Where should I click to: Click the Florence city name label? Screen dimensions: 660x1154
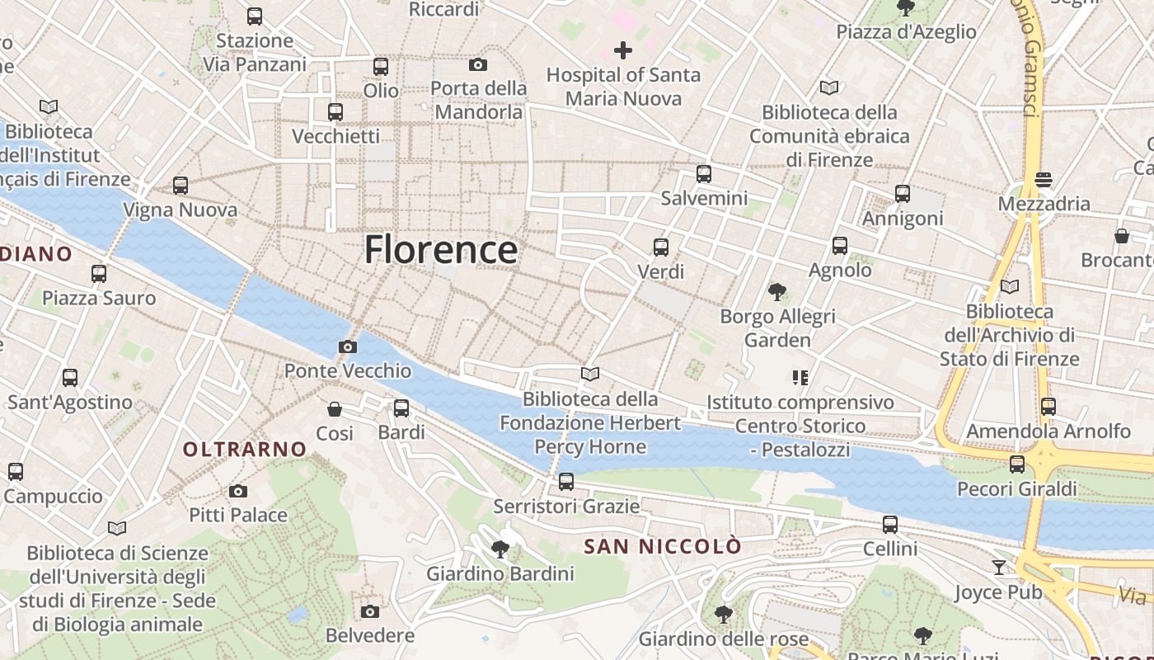coord(441,249)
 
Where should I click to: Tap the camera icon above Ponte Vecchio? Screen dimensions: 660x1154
coord(348,346)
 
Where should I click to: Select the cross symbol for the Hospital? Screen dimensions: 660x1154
coord(623,51)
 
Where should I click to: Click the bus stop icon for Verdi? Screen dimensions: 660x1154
coord(660,247)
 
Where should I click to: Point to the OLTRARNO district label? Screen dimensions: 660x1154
coord(245,450)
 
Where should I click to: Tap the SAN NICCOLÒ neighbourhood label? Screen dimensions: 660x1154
coord(663,546)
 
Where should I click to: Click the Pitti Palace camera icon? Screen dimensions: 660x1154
coord(238,492)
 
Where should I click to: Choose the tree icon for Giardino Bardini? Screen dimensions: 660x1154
coord(500,549)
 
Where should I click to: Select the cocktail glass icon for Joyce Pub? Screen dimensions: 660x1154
coord(999,568)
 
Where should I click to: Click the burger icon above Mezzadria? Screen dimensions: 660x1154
coord(1044,179)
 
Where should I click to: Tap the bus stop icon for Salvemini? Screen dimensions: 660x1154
coord(703,174)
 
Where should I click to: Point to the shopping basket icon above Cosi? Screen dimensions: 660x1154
coord(335,409)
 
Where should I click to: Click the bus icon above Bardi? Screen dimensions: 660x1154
coord(401,408)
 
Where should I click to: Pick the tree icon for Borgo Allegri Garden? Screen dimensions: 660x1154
coord(776,292)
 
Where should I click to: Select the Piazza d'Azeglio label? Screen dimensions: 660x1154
coord(906,32)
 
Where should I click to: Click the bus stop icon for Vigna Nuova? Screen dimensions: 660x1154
coord(181,186)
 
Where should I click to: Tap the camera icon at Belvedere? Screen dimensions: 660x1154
coord(370,611)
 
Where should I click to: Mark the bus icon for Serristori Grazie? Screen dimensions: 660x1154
coord(565,482)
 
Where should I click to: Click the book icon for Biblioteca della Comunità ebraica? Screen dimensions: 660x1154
coord(829,87)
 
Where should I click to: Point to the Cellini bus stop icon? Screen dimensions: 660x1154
coord(890,525)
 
